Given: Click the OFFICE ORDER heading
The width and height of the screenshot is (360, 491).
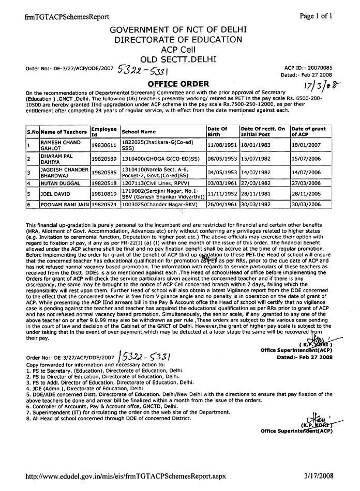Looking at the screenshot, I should (178, 84).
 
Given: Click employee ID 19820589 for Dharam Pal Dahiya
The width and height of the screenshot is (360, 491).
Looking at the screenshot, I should (104, 160).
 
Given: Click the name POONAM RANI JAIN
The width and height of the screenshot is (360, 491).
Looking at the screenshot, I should (64, 205).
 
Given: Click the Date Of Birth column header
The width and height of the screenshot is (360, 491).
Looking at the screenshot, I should (217, 131).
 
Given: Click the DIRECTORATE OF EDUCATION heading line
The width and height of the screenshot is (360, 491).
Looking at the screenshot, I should (178, 39).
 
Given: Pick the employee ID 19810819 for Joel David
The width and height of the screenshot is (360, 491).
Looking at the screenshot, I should (104, 194).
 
